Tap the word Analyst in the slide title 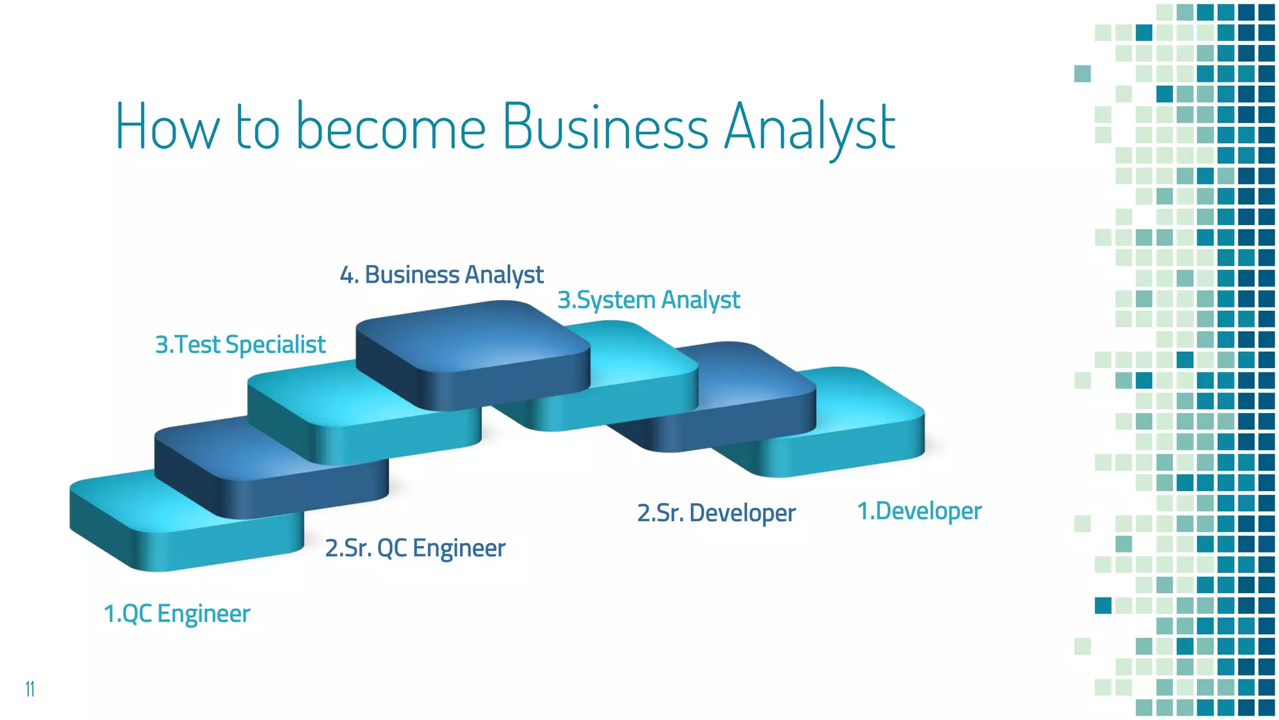pos(809,128)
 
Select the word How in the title pos(167,126)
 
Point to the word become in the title pos(390,126)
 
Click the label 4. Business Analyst pos(442,275)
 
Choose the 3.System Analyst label pos(648,300)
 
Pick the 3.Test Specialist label pos(240,344)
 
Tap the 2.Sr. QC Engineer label pos(415,548)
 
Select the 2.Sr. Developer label pos(716,513)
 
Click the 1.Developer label pos(919,511)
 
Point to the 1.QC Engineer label pos(177,614)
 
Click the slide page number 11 pos(29,689)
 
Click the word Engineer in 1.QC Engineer pos(204,614)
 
